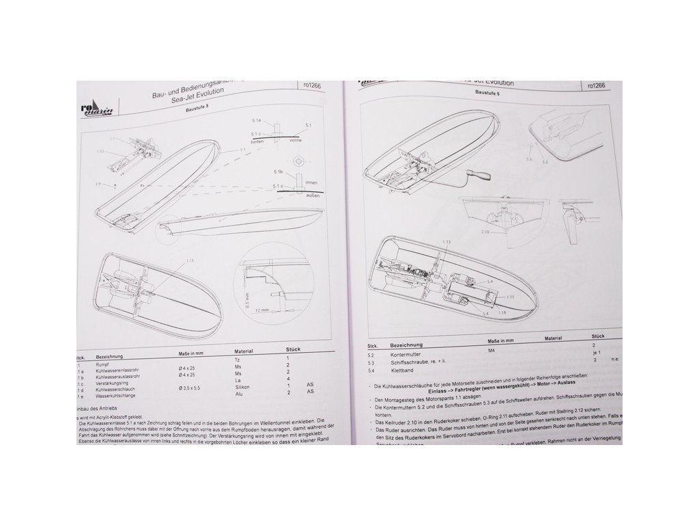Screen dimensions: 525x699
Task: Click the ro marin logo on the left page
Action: pyautogui.click(x=96, y=108)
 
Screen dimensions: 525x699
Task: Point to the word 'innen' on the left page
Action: pyautogui.click(x=312, y=182)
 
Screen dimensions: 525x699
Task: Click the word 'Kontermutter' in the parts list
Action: pyautogui.click(x=405, y=355)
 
